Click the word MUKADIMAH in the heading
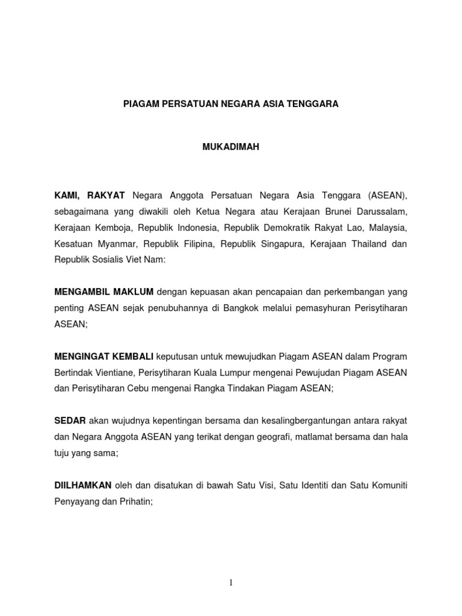point(231,147)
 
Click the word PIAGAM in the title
point(139,104)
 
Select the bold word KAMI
point(68,195)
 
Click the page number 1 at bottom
point(231,582)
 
